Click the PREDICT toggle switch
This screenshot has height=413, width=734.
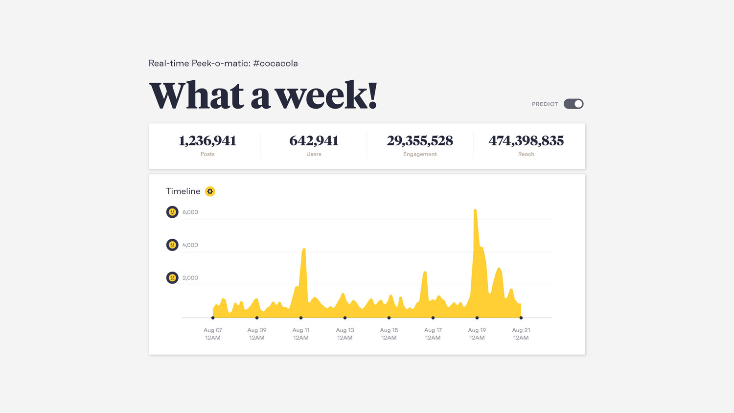point(573,104)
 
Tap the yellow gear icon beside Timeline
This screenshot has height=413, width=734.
point(210,191)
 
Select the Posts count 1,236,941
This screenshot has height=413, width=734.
point(207,141)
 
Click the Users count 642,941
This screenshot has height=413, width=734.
point(314,141)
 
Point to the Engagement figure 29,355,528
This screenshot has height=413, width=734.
point(420,141)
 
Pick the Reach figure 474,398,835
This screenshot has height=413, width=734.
point(526,141)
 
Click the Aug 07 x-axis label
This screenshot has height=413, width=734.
point(213,334)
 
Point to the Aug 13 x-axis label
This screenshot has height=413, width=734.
point(345,334)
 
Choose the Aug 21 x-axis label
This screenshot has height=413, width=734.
point(521,334)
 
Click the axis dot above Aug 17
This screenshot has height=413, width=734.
point(433,318)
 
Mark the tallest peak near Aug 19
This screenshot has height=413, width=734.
point(475,210)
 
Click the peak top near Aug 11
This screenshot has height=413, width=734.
point(304,250)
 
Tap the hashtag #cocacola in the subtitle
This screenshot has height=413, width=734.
point(275,63)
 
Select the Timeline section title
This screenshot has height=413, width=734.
point(183,191)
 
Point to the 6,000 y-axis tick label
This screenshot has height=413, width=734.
point(190,212)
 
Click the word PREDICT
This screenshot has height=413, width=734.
point(545,104)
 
